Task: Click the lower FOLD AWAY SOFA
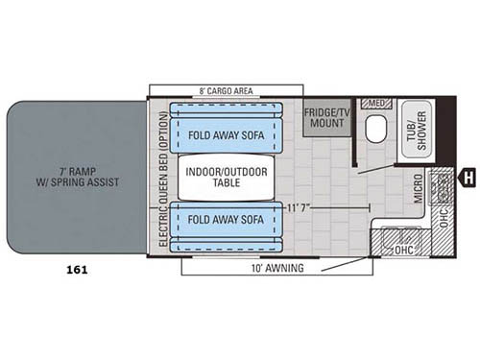click(227, 220)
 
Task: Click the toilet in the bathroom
click(377, 129)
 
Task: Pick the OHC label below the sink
click(408, 250)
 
